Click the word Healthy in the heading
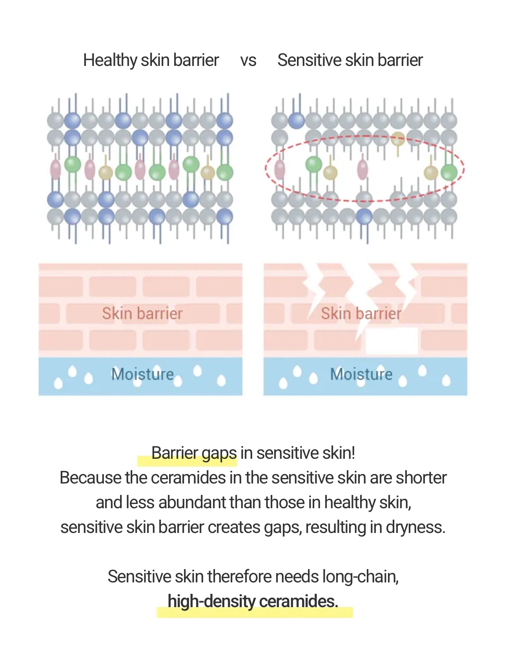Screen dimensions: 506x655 point(110,60)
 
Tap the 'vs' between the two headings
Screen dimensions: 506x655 point(248,61)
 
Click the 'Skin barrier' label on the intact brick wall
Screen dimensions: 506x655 point(142,313)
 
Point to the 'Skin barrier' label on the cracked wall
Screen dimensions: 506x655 point(361,313)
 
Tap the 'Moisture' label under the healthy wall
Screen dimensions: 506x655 point(142,374)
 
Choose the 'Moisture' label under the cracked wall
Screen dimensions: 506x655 point(361,374)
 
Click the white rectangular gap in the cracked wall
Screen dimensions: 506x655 point(391,341)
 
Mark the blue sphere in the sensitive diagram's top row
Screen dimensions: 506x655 point(297,120)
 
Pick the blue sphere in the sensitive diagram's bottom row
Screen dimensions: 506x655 point(364,217)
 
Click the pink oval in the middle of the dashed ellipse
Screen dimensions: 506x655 point(363,169)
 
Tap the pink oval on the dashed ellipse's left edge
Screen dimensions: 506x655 point(280,169)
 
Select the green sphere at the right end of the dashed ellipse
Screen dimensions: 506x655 point(449,172)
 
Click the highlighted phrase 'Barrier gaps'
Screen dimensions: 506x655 point(194,453)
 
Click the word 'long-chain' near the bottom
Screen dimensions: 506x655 point(360,577)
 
